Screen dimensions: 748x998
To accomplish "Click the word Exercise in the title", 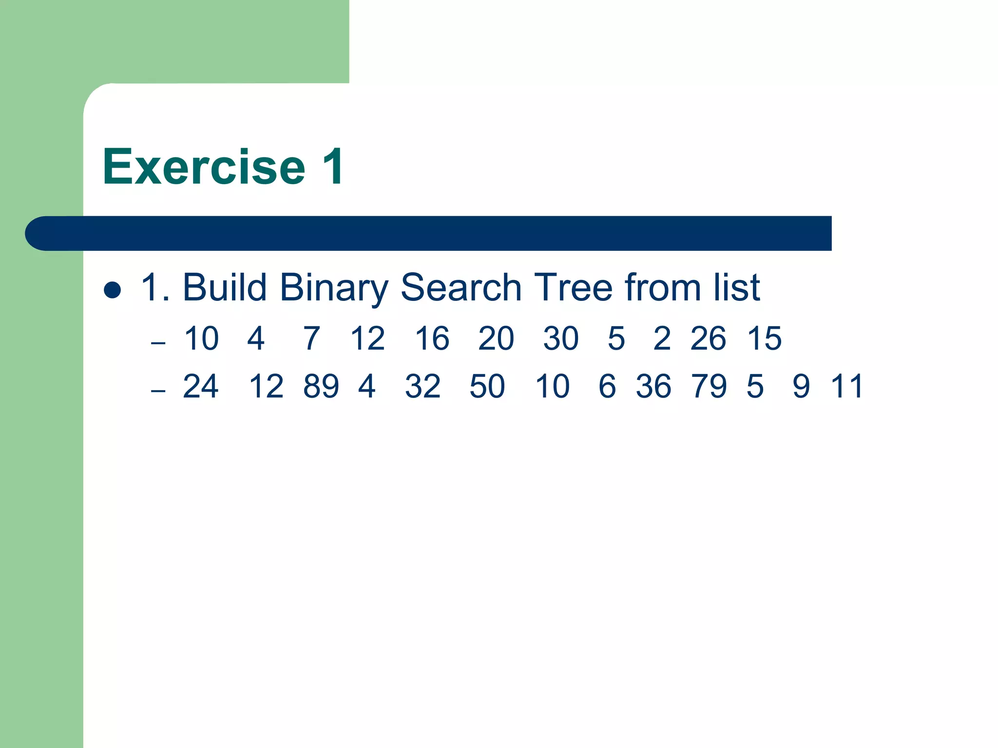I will click(204, 167).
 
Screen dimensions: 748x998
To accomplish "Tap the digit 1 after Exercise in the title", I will click(333, 167).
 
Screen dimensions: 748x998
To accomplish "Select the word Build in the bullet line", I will click(224, 288).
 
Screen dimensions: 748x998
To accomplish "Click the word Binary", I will click(334, 289).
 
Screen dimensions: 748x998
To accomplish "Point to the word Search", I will click(461, 288).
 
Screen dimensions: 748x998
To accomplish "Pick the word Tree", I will click(573, 288).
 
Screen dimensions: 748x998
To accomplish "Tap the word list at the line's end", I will click(736, 288).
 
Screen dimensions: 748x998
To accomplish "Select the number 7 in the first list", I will click(312, 338).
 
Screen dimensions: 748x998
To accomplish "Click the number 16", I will click(432, 338).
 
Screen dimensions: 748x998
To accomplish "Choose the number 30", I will click(561, 338).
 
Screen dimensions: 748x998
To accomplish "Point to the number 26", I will click(708, 338).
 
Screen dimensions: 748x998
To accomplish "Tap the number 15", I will click(764, 338).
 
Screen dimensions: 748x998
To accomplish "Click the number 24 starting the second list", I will click(201, 387).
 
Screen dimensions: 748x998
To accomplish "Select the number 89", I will click(321, 387).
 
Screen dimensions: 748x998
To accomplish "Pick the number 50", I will click(487, 387).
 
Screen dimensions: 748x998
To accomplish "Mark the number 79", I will click(709, 387).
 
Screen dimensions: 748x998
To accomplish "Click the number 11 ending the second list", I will click(847, 387).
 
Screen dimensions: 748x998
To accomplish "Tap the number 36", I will click(653, 387).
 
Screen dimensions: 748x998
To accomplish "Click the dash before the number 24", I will click(158, 391).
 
